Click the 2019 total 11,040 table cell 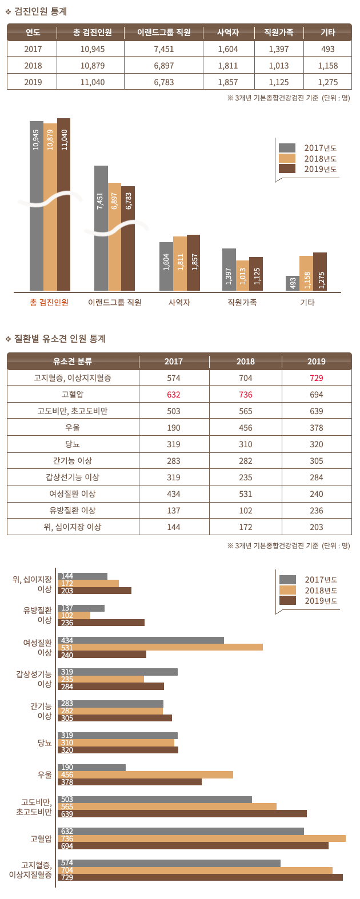click(93, 82)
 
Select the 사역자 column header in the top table click(228, 33)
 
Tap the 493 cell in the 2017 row click(327, 49)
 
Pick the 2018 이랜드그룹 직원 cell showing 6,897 click(163, 66)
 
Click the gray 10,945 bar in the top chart click(37, 206)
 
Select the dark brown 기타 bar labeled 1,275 click(320, 272)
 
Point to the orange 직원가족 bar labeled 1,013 click(242, 276)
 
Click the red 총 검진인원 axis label click(49, 302)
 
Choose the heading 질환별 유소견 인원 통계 click(60, 339)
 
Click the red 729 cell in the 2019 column click(316, 378)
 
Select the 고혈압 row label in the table click(73, 395)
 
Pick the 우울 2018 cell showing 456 click(246, 428)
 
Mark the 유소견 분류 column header click(73, 362)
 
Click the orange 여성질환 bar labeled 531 click(160, 647)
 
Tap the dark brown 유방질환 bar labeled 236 click(101, 623)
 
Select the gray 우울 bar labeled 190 click(91, 768)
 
